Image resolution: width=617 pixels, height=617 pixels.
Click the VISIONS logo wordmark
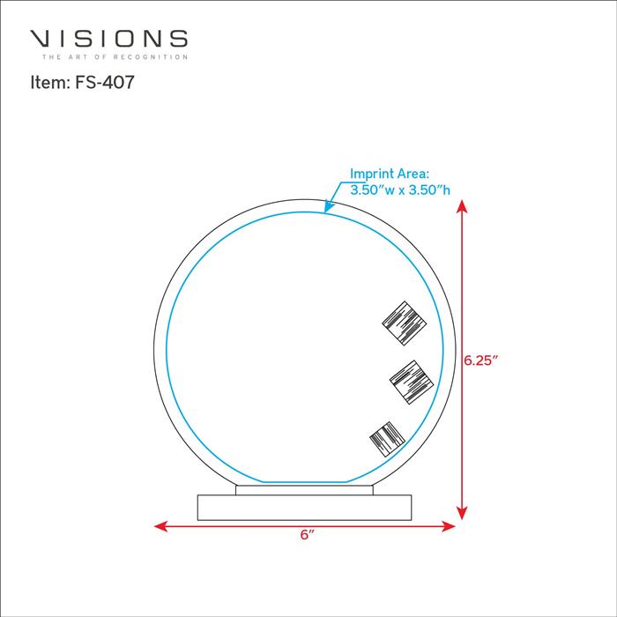point(108,39)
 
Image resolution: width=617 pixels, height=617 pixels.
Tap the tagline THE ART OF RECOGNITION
point(115,57)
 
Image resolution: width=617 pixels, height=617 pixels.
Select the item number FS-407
point(105,82)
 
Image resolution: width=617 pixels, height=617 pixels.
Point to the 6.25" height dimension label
point(481,360)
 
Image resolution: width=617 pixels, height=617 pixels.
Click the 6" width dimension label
point(308,535)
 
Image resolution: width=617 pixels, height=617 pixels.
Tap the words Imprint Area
point(390,174)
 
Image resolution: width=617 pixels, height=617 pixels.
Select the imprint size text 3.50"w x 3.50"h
point(400,190)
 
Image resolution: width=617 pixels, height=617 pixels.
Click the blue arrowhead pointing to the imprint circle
point(328,206)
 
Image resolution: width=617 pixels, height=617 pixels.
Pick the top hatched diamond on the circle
point(404,323)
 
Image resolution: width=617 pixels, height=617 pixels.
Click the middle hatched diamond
point(412,382)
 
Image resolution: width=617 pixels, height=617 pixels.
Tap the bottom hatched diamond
point(387,439)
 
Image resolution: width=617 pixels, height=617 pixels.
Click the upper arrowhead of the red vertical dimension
point(462,206)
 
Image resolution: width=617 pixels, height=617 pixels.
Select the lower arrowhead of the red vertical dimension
point(462,513)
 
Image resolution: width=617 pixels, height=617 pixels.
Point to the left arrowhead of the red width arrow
point(160,526)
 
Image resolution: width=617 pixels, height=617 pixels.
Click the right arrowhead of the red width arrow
point(449,526)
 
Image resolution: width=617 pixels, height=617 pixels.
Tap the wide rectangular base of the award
point(304,508)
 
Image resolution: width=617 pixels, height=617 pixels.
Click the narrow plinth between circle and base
point(304,490)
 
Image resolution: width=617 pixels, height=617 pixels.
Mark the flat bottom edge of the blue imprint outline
point(305,481)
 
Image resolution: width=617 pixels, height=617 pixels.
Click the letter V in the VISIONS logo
point(41,39)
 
